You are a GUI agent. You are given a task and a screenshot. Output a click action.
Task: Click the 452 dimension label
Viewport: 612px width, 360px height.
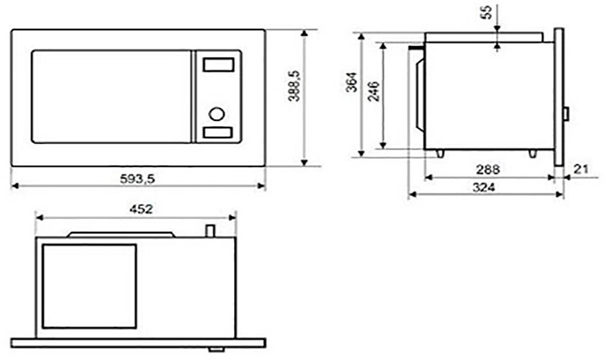coord(140,209)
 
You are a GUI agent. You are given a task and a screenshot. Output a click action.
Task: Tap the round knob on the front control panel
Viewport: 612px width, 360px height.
coord(217,113)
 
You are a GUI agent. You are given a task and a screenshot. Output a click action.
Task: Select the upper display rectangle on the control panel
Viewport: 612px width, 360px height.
coord(217,65)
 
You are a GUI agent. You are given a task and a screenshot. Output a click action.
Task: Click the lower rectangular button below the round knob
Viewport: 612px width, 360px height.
coord(217,132)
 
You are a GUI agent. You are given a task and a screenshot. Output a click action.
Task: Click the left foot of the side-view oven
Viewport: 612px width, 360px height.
coord(439,153)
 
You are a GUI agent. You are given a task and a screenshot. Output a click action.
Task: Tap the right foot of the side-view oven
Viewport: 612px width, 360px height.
coord(532,153)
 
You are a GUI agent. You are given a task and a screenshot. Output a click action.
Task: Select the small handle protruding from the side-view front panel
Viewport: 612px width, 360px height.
coord(566,114)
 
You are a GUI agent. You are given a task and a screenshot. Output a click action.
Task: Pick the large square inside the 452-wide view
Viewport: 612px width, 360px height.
coord(89,286)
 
